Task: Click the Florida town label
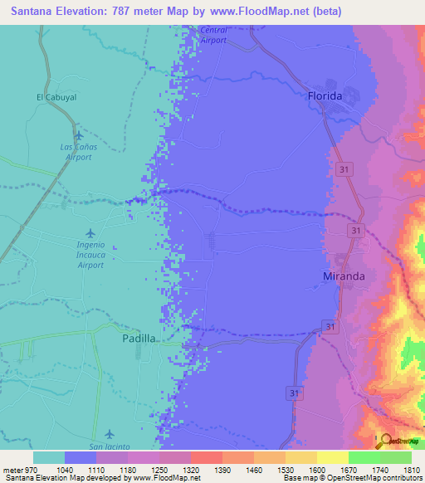325,96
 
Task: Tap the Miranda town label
344,276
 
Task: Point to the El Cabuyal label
56,97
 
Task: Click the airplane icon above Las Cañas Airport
79,136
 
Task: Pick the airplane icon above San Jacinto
110,435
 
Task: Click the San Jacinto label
110,446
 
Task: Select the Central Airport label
213,35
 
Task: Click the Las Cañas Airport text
79,151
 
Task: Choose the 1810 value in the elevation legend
412,471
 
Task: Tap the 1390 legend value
222,471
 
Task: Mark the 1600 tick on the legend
316,471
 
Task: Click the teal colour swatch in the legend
48,457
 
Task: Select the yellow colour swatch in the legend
332,457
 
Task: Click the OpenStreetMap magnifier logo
383,442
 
